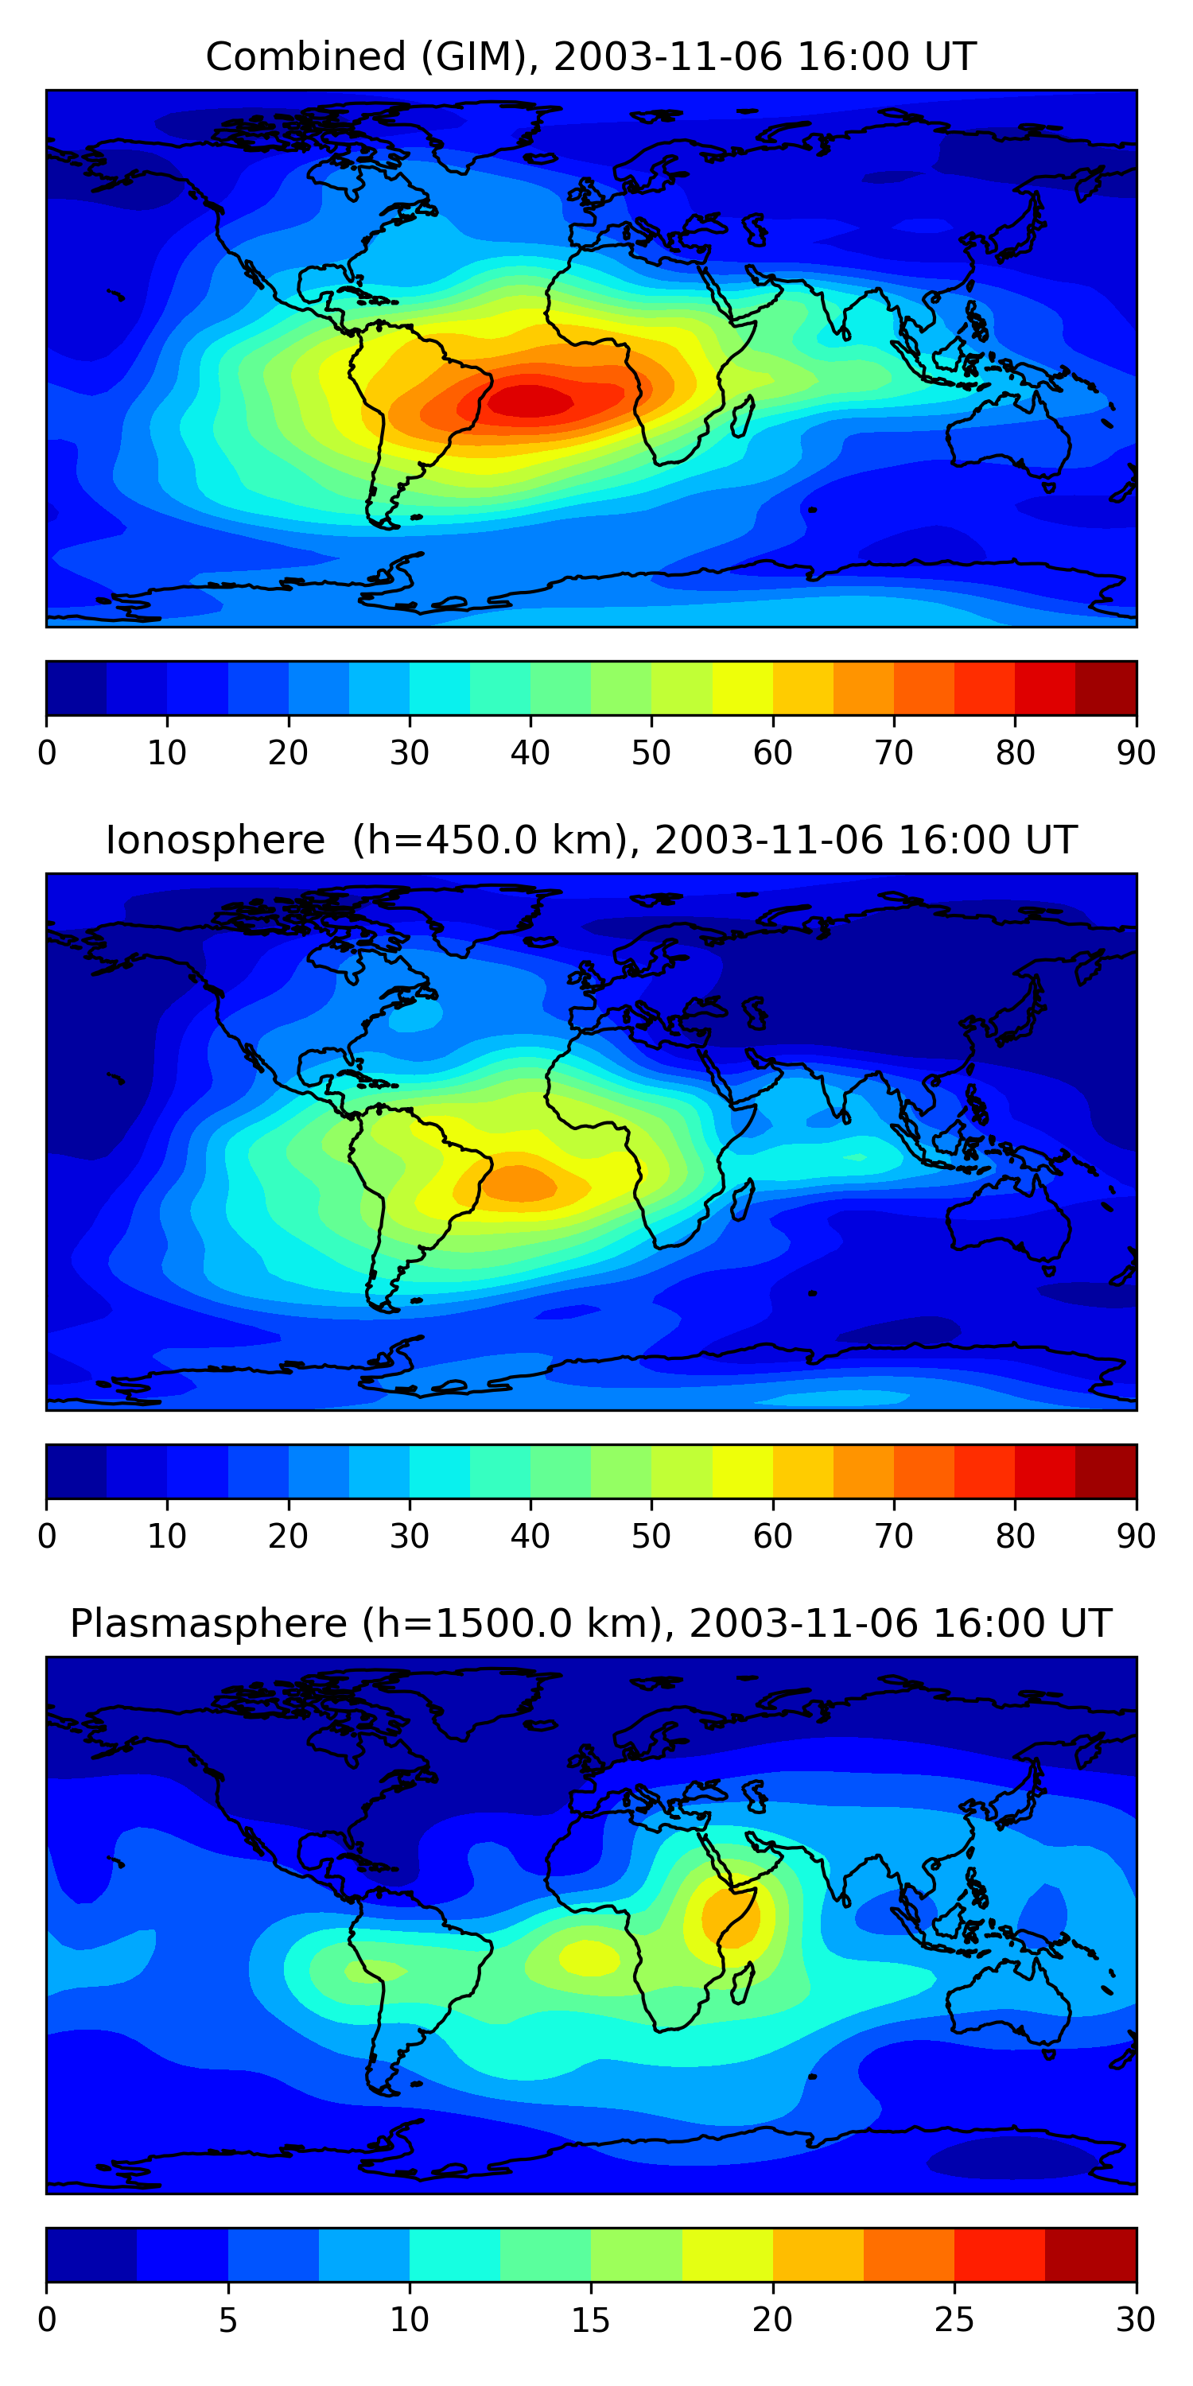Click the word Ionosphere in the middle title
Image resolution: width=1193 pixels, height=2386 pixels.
(x=215, y=840)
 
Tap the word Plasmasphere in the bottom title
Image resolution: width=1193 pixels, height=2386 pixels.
(x=208, y=1624)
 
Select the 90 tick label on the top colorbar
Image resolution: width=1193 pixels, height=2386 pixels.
(x=1136, y=753)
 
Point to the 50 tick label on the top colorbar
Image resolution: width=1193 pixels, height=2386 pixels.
(x=651, y=753)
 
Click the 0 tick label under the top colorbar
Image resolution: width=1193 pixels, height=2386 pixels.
(x=47, y=753)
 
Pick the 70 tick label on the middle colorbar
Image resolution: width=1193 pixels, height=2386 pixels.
(x=893, y=1537)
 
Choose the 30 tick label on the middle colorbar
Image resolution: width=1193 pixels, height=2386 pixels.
(x=409, y=1537)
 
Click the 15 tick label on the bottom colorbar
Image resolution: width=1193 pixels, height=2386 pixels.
(x=590, y=2320)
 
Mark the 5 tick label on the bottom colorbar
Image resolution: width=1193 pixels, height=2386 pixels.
(x=227, y=2320)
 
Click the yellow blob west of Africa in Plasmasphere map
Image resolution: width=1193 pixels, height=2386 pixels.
(x=589, y=1957)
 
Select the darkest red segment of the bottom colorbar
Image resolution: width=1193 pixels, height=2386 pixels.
(x=1090, y=2255)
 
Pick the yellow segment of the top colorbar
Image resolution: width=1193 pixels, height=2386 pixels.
(x=742, y=688)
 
